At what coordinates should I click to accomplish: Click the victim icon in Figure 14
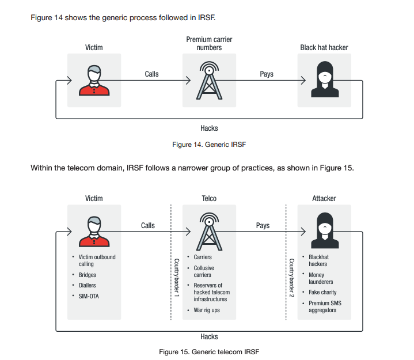94,80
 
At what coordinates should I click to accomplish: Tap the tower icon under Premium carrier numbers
209,80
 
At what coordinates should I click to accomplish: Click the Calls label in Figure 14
151,74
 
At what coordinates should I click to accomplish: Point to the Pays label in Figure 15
263,225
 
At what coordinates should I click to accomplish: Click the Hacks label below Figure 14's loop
209,128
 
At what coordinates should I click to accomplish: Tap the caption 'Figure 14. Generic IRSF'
209,145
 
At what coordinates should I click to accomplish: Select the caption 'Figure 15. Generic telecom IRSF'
209,351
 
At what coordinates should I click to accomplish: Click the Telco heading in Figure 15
209,198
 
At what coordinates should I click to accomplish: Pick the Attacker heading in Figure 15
324,198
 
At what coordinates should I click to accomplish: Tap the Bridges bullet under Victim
88,275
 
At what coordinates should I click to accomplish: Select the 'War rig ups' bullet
207,310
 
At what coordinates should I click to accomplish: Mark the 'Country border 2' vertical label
291,278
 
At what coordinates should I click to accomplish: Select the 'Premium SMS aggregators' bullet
324,306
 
